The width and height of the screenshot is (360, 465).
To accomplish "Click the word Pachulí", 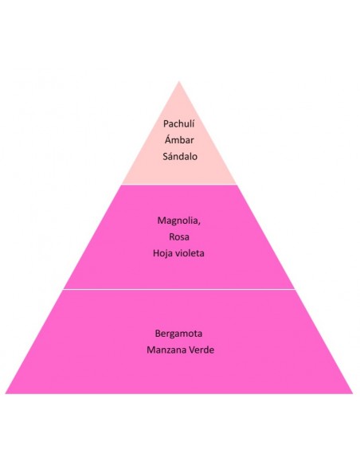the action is pyautogui.click(x=179, y=123).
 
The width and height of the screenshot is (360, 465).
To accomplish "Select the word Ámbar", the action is pyautogui.click(x=179, y=139).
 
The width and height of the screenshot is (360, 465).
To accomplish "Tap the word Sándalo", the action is pyautogui.click(x=180, y=156).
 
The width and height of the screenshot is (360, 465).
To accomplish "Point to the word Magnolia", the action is pyautogui.click(x=178, y=221).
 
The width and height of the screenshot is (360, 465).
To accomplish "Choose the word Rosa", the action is pyautogui.click(x=179, y=236).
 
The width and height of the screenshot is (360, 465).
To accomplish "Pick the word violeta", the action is pyautogui.click(x=189, y=253).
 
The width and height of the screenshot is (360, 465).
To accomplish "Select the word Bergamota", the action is pyautogui.click(x=179, y=334).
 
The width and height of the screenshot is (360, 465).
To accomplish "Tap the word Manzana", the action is pyautogui.click(x=166, y=350).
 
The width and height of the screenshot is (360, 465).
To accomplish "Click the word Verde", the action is pyautogui.click(x=202, y=350).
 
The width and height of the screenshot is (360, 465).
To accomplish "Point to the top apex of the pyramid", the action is pyautogui.click(x=179, y=81).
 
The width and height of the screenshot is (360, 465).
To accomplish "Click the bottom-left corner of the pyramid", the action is pyautogui.click(x=6, y=393).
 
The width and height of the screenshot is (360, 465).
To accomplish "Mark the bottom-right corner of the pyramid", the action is pyautogui.click(x=353, y=393).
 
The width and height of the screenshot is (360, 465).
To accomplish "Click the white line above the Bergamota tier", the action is pyautogui.click(x=179, y=289).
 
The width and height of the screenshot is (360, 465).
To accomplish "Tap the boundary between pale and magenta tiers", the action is pyautogui.click(x=179, y=185).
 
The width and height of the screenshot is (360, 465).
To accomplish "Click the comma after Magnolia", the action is pyautogui.click(x=199, y=224).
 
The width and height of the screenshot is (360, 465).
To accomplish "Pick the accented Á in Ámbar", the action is pyautogui.click(x=168, y=139).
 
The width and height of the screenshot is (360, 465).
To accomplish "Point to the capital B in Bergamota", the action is pyautogui.click(x=158, y=334).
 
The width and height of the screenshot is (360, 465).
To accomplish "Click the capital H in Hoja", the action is pyautogui.click(x=156, y=253).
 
